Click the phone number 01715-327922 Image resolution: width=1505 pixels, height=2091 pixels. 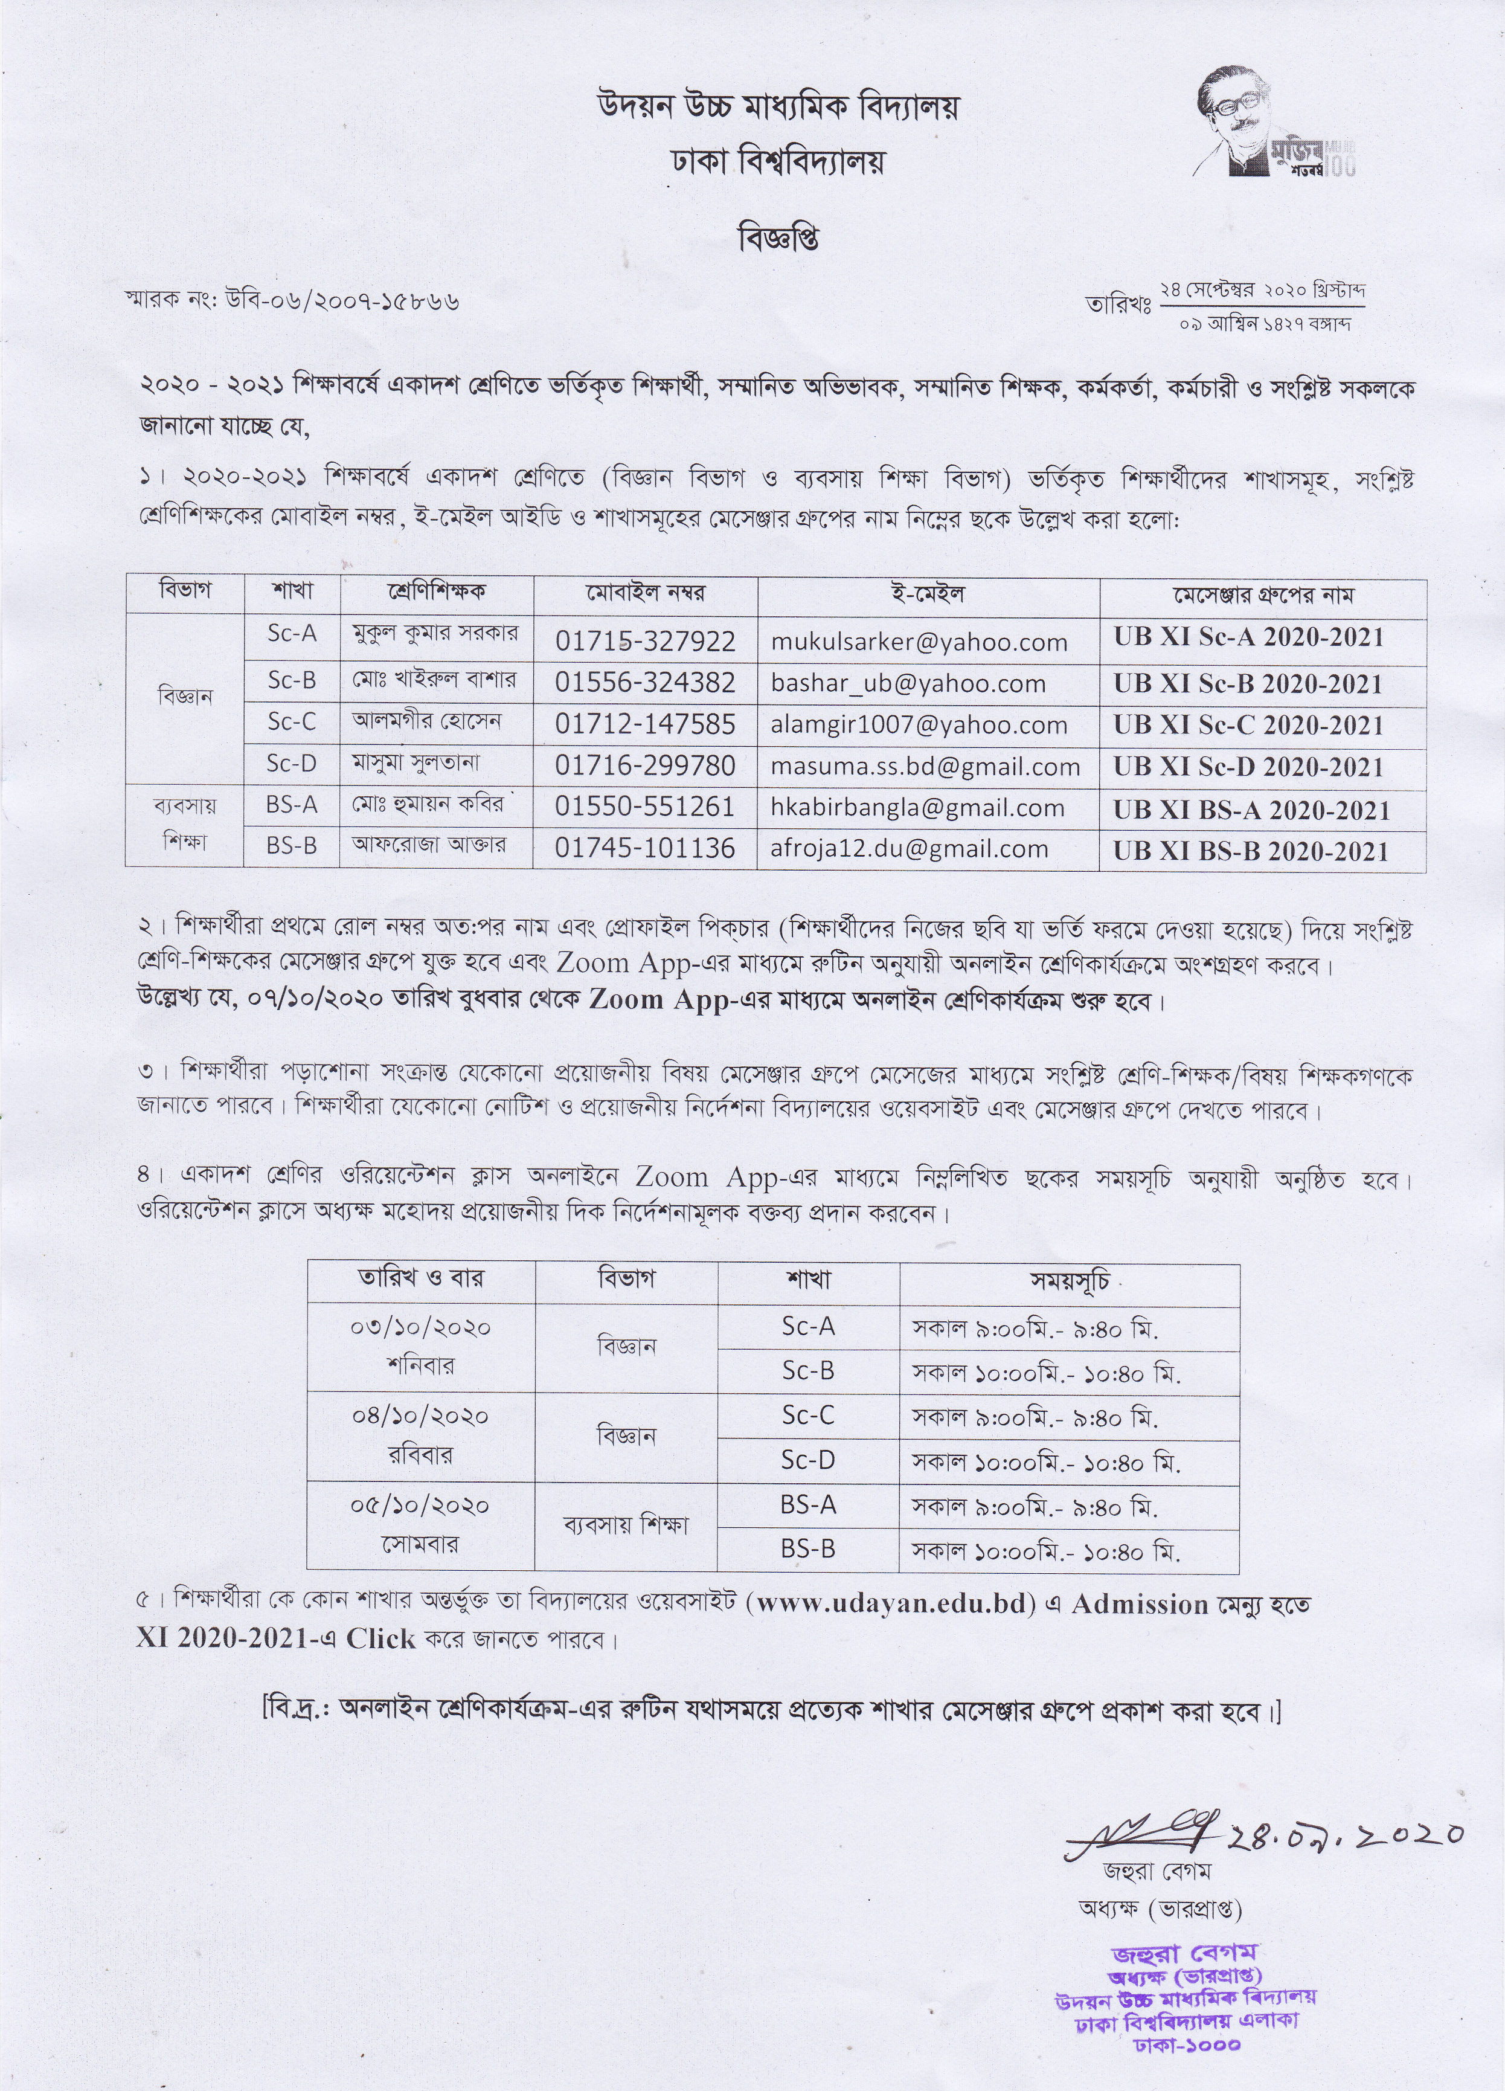tap(645, 641)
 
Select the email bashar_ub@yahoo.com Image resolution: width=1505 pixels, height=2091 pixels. tap(908, 683)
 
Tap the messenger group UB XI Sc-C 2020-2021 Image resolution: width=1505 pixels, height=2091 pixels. tap(1249, 726)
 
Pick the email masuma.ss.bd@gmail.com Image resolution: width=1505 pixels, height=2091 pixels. tap(925, 766)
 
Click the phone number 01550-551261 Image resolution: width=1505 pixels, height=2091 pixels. tap(645, 807)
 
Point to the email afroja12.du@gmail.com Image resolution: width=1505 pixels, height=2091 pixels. tap(909, 848)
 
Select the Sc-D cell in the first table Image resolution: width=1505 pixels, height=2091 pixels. tap(292, 764)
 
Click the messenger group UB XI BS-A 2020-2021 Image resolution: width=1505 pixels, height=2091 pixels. tap(1251, 810)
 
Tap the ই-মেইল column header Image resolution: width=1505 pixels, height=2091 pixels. tap(928, 594)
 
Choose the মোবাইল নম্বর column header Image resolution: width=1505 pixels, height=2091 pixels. tap(645, 594)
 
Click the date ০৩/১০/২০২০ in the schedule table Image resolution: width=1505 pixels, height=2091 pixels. tap(420, 1327)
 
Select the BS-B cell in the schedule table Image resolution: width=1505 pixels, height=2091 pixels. tap(808, 1549)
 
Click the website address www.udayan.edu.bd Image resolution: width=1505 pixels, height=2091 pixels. tap(890, 1604)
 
